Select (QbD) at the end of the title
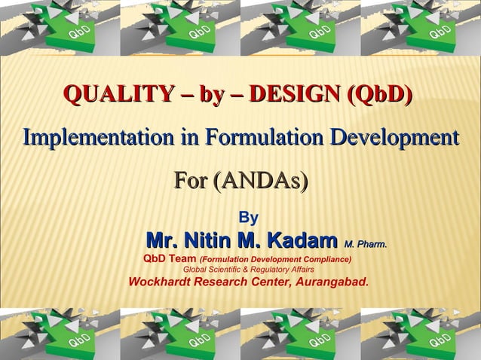(378, 96)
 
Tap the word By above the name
(248, 218)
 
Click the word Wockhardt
(160, 283)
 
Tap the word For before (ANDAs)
(190, 182)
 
